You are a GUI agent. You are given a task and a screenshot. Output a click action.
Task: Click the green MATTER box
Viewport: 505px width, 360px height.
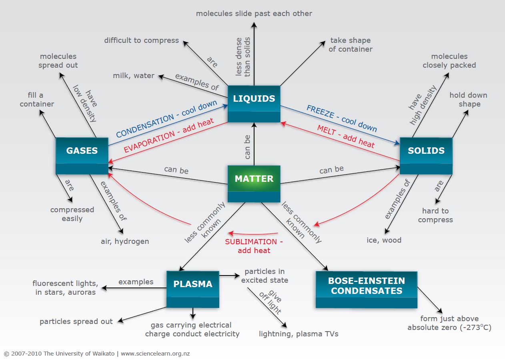(254, 183)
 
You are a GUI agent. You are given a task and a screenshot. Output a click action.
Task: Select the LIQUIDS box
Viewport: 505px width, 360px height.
(254, 103)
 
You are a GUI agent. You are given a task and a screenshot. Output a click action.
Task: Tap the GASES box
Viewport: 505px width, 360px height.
(82, 155)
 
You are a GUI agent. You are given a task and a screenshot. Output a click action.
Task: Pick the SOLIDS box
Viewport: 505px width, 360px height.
(426, 155)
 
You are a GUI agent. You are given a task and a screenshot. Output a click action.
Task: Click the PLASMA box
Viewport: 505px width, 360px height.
(192, 289)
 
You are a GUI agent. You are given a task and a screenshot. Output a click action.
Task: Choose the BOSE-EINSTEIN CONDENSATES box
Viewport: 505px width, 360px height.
(366, 289)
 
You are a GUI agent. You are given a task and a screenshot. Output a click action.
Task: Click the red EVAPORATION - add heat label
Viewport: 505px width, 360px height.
(169, 135)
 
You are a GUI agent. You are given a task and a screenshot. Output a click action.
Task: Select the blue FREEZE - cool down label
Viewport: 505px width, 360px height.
(342, 119)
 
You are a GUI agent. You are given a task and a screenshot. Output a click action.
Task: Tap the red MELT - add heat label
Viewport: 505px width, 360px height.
(346, 137)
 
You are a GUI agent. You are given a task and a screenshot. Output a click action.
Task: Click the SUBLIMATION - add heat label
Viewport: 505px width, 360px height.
(254, 246)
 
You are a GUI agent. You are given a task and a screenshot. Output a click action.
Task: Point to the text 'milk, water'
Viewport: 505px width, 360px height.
(133, 76)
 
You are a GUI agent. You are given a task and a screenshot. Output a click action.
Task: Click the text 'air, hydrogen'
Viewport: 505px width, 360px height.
(125, 241)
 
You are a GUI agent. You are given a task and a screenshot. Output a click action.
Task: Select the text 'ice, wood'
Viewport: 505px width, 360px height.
(384, 240)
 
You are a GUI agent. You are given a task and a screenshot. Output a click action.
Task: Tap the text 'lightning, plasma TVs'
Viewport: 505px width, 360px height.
(299, 334)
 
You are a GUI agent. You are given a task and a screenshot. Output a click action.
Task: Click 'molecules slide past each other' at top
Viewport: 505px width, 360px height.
(254, 13)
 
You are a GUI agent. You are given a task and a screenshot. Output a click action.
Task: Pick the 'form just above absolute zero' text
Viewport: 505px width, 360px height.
(449, 323)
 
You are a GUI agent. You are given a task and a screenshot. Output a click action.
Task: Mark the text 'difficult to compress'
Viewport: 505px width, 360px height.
(141, 40)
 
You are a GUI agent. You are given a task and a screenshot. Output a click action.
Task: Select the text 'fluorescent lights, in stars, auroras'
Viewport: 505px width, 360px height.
(65, 288)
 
